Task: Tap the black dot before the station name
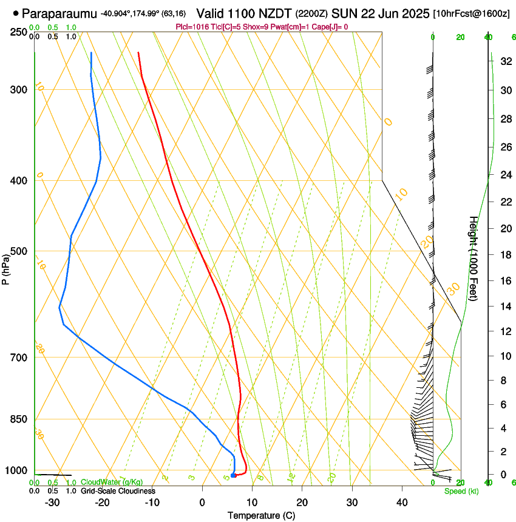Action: click(15, 13)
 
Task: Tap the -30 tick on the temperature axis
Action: click(52, 502)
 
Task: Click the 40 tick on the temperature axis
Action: click(402, 502)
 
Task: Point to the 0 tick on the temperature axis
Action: click(202, 502)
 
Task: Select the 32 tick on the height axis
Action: click(505, 61)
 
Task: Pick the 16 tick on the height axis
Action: click(505, 280)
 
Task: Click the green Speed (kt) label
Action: click(461, 491)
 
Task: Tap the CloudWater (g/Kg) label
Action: click(112, 482)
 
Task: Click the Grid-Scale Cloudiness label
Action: click(118, 490)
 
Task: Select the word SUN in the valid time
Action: click(343, 13)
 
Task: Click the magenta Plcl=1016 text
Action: click(193, 27)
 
